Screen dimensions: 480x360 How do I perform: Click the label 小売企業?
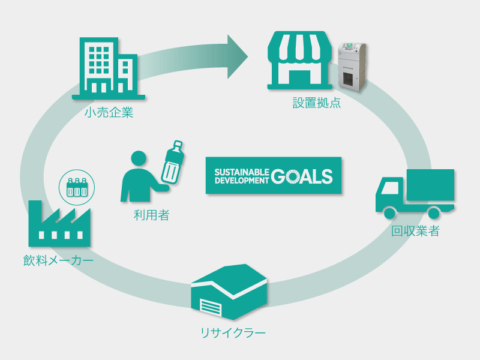(109, 113)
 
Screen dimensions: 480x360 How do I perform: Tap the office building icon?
(109, 68)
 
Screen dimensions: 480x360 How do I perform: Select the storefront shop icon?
(299, 61)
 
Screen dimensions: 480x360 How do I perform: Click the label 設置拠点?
(317, 103)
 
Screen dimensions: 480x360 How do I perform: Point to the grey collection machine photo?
(352, 67)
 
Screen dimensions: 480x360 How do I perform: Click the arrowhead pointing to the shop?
(238, 57)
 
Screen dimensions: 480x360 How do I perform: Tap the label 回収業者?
(415, 231)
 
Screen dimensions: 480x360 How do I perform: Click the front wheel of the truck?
(389, 213)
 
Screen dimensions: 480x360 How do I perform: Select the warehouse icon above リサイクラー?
(229, 292)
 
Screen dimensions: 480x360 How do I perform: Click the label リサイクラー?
(233, 333)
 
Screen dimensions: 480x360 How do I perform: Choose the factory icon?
(59, 223)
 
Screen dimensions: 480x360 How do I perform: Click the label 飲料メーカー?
(58, 260)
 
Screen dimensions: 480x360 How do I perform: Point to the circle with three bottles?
(77, 187)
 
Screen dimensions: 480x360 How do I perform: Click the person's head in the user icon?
(139, 158)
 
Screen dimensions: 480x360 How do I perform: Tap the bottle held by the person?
(173, 162)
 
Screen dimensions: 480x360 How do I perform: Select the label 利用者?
(152, 215)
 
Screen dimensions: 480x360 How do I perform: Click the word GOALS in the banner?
(302, 176)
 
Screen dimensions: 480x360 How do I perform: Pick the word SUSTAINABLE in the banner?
(242, 172)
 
